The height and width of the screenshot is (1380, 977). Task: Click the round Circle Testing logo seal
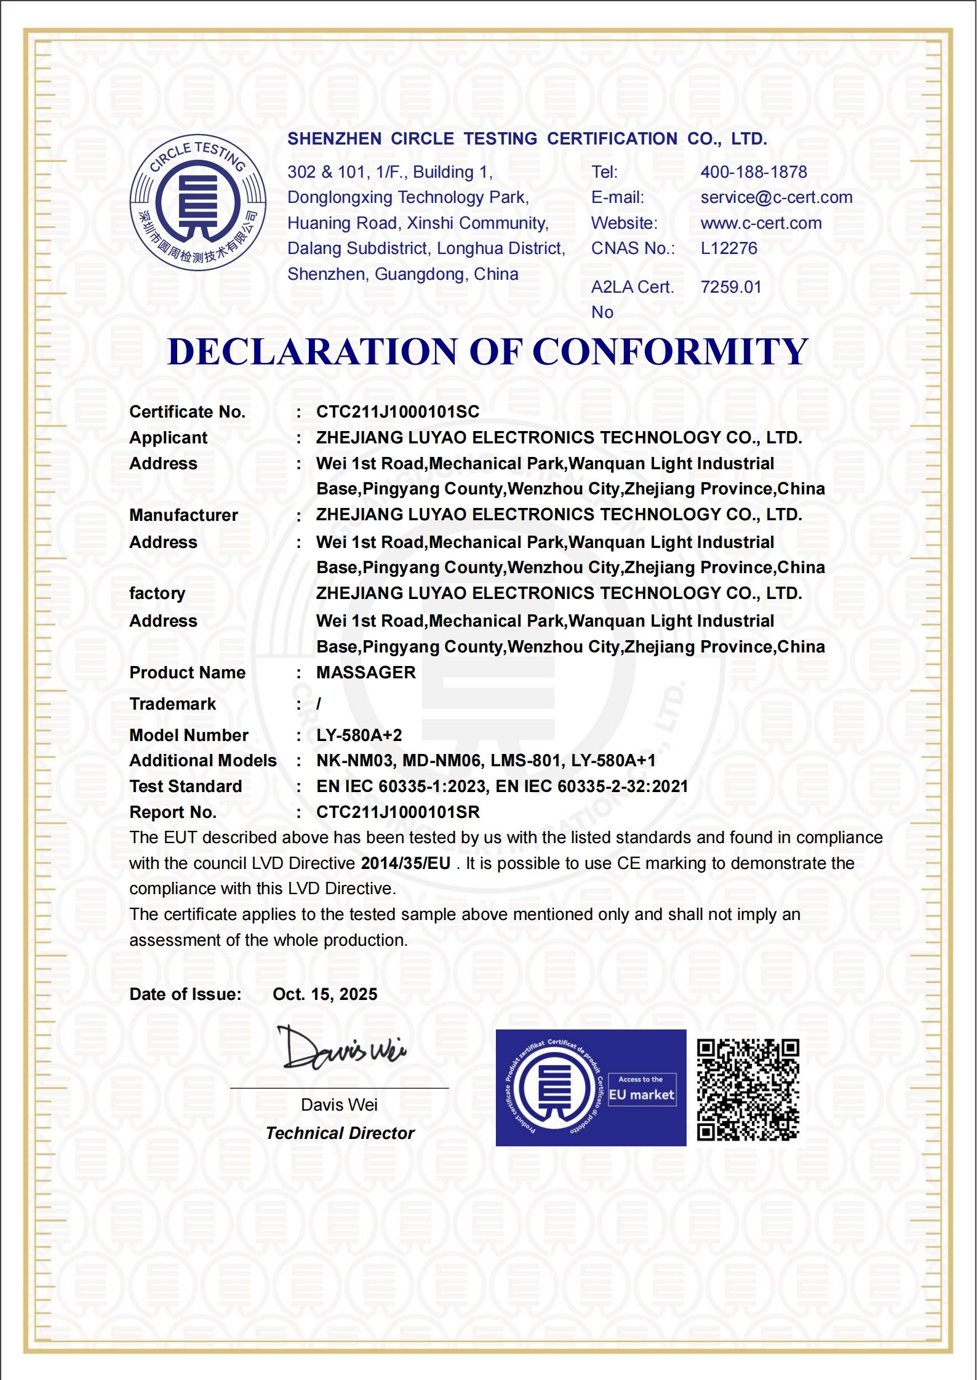[198, 202]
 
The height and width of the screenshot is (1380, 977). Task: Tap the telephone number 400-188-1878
[754, 172]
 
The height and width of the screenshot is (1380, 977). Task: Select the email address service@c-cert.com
[776, 197]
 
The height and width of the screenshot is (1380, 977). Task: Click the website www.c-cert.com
[761, 223]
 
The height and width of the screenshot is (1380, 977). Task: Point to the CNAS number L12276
[729, 248]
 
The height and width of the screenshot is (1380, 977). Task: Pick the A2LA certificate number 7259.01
[731, 287]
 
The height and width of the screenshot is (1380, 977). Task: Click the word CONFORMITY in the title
[670, 352]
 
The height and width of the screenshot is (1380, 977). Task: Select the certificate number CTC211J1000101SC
[397, 412]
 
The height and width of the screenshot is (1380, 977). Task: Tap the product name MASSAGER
[366, 673]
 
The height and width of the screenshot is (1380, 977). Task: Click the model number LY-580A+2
[359, 736]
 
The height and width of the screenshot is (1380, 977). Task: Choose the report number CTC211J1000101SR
[397, 812]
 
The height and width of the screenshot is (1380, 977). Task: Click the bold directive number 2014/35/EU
[405, 863]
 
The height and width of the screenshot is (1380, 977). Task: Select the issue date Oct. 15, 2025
[325, 994]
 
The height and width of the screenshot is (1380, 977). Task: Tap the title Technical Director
[340, 1133]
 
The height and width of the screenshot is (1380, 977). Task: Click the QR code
[748, 1090]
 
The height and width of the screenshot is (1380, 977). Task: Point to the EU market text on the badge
[642, 1095]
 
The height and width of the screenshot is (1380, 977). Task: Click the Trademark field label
[173, 704]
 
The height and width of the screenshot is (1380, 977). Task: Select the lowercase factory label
[158, 593]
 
